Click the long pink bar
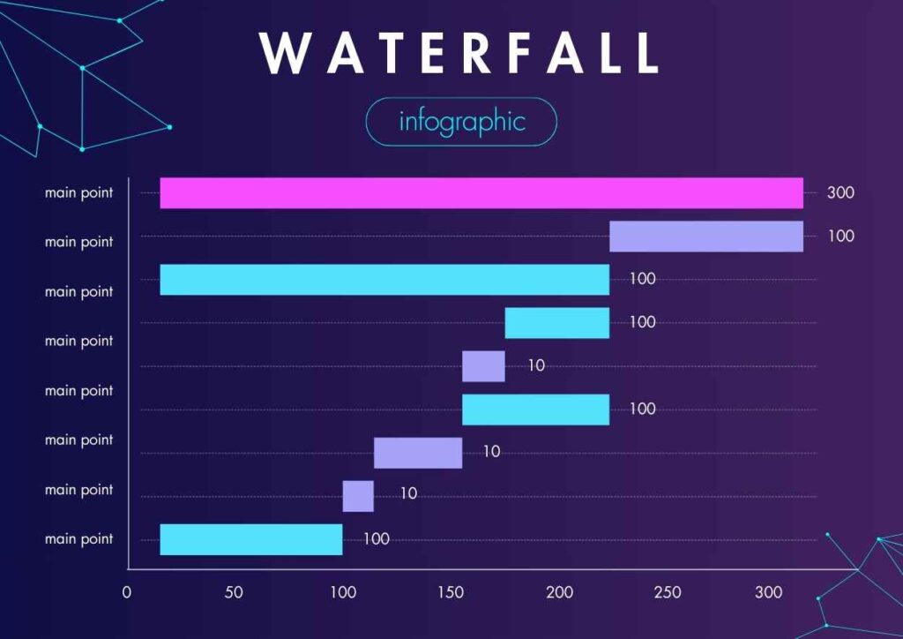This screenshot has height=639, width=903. [481, 192]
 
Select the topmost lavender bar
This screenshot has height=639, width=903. [705, 236]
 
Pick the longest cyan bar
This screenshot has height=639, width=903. [384, 279]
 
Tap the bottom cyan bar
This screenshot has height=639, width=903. [250, 539]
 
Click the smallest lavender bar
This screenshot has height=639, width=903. [357, 496]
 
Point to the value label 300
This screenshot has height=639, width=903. [840, 192]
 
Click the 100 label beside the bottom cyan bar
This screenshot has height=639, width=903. [376, 539]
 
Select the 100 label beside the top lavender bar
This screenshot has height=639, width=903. [840, 236]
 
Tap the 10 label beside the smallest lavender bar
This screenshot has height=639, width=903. [408, 494]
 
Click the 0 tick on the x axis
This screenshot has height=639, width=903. [127, 592]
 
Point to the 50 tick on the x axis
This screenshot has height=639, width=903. [234, 592]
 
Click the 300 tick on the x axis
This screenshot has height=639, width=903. [769, 592]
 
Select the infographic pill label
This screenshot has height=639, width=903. [461, 122]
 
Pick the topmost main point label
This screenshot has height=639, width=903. [79, 192]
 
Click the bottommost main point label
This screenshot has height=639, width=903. [79, 538]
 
